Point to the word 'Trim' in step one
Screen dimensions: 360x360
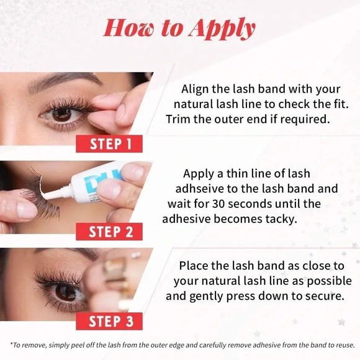point(180,119)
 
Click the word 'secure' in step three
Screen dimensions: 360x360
point(322,296)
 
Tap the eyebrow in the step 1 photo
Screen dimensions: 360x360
point(62,81)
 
